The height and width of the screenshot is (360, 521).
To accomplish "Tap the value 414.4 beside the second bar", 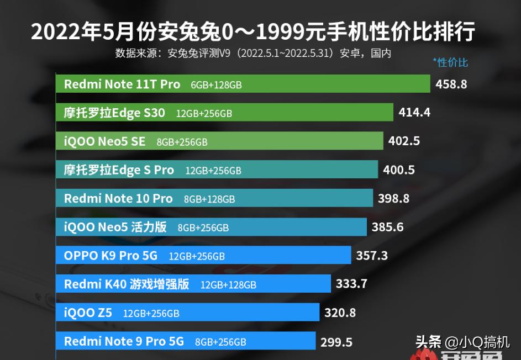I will point(414,113).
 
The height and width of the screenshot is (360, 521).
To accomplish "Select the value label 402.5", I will point(404,141).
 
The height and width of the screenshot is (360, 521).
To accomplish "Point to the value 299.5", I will point(336,342).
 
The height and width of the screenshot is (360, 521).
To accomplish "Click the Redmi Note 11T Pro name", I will point(122,84).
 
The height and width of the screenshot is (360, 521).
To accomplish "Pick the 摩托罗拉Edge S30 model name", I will point(114,113).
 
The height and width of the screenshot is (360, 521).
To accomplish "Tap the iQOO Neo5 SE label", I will point(105,142).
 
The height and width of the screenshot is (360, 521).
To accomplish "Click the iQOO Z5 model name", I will point(88,313).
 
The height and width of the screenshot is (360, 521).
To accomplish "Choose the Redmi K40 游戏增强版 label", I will point(127,284).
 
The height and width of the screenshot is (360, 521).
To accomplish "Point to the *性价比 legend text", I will point(450,62).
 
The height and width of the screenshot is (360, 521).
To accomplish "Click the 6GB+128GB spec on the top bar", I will point(216,85).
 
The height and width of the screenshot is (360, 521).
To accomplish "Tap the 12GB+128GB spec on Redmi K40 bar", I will point(228,285).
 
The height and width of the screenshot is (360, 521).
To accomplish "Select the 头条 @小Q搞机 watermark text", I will point(462,341).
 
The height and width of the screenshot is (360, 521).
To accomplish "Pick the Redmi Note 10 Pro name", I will point(118,199).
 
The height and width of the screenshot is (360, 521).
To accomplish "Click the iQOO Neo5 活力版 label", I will point(115,227).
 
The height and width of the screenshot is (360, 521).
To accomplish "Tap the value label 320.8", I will point(340,313).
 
